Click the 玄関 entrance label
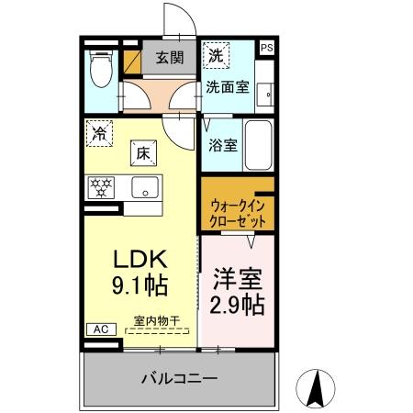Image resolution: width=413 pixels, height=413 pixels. coord(168,58)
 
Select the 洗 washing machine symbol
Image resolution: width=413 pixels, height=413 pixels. coord(214,55)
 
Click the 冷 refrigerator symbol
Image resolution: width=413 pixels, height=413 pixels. coord(98,132)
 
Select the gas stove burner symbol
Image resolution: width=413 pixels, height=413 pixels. coord(100,187)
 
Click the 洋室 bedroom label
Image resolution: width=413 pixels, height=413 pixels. coord(240,276)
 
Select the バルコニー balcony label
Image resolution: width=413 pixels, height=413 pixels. coord(179,378)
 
